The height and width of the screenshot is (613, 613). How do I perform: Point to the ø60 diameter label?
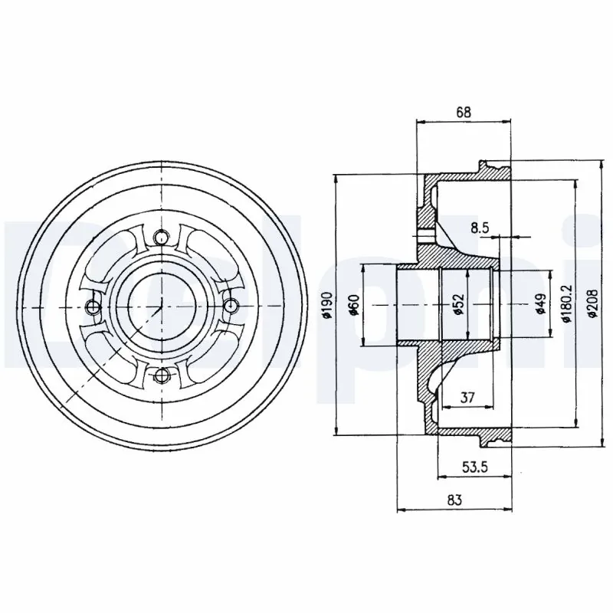[354, 305]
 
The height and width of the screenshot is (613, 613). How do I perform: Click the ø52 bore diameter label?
[457, 305]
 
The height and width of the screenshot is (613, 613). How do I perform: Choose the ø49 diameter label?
[540, 305]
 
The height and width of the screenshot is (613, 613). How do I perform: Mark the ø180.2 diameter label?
[566, 305]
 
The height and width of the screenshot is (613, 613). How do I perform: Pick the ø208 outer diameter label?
[592, 305]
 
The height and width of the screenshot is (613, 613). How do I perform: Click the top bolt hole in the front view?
[161, 238]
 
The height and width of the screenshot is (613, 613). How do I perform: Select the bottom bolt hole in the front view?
[161, 375]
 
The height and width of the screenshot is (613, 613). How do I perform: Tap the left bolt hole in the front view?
[93, 307]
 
